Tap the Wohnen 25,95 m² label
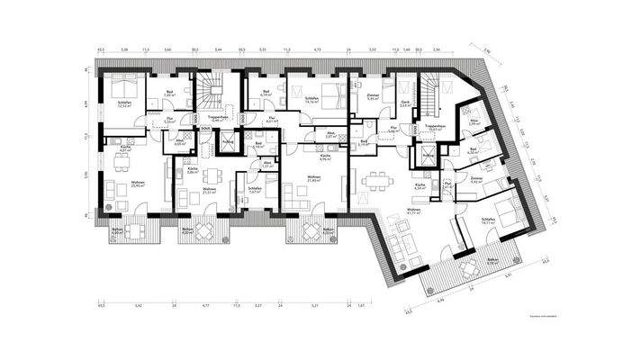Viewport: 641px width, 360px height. click(114, 185)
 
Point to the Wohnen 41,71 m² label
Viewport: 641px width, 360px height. click(412, 211)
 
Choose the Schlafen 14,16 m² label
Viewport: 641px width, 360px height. click(313, 102)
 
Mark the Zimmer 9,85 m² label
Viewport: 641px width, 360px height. click(374, 96)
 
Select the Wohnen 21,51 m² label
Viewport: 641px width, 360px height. click(210, 191)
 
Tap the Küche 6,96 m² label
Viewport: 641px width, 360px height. click(325, 157)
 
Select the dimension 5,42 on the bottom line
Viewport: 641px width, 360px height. click(138, 306)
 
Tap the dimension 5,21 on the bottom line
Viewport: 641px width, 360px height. click(314, 306)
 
